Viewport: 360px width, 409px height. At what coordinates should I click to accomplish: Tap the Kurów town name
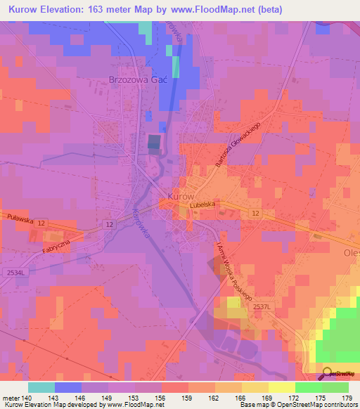point(181,196)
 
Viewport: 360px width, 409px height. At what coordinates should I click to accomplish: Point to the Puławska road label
point(17,219)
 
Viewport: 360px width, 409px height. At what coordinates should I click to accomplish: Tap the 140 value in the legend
point(27,398)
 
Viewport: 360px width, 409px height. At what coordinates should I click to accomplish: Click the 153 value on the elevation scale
point(135,398)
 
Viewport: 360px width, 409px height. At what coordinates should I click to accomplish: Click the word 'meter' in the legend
point(11,398)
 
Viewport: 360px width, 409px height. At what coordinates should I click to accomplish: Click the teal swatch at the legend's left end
point(41,387)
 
